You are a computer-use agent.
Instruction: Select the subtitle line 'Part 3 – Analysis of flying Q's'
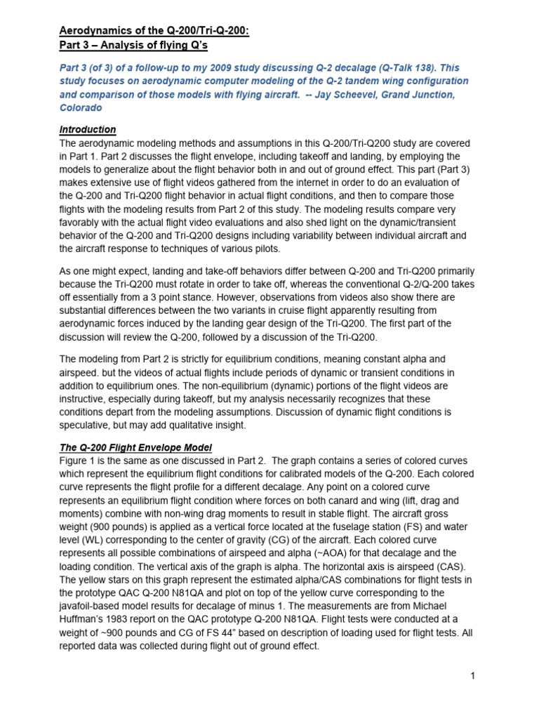tap(134, 46)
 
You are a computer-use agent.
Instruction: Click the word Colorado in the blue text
tap(81, 108)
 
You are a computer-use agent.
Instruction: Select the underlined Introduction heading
tap(88, 130)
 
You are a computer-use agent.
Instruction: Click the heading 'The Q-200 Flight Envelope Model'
tap(135, 447)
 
